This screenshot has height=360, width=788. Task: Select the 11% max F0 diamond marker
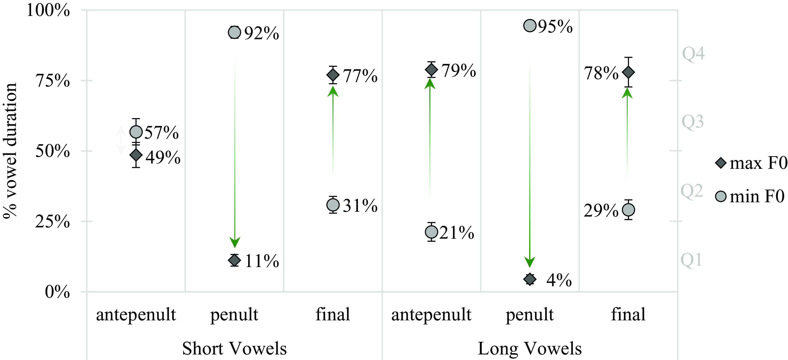(x=234, y=260)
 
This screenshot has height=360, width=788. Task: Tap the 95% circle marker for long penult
(x=530, y=25)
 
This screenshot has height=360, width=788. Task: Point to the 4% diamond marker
(x=530, y=279)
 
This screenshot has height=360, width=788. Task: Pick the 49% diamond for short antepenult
(x=136, y=155)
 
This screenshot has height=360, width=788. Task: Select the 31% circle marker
(x=333, y=205)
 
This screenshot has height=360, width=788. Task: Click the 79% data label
(x=459, y=71)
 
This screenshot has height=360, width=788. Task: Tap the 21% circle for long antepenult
(x=431, y=232)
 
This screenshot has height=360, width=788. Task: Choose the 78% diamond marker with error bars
(x=628, y=72)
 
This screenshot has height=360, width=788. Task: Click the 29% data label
(x=601, y=210)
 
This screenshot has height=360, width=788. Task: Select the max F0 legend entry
(x=751, y=163)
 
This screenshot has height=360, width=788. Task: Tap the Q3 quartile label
(x=692, y=122)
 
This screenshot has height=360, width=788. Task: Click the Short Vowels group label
(x=234, y=348)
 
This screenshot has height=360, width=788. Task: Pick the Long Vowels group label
(x=529, y=348)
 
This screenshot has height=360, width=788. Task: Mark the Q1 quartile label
(x=691, y=260)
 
